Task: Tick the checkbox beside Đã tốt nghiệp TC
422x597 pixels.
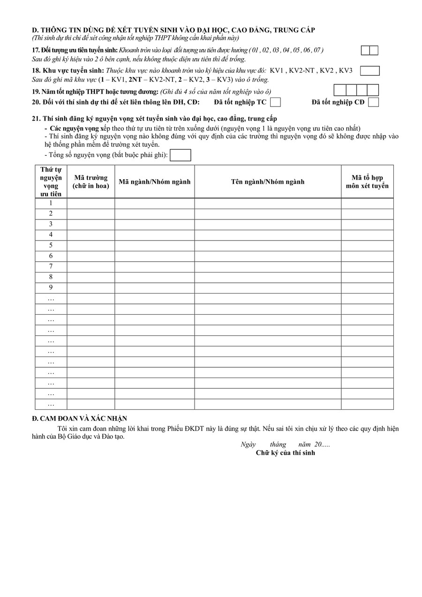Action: coord(276,102)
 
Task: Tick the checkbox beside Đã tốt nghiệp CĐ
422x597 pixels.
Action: coord(373,102)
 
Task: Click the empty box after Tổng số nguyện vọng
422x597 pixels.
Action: coord(180,155)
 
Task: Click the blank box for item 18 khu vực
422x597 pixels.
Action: coord(369,71)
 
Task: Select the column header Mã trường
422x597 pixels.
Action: coord(90,181)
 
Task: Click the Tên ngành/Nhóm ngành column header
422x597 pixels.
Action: coord(267,181)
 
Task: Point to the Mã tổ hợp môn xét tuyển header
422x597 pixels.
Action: coord(367,181)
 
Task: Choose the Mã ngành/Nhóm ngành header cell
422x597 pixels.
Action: coord(154,181)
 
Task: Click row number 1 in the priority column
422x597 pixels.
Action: coord(51,203)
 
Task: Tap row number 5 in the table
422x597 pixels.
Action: coord(51,245)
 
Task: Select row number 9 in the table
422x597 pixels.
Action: coord(51,287)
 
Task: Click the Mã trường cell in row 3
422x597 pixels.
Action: coord(90,224)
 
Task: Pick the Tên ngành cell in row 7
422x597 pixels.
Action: coord(267,266)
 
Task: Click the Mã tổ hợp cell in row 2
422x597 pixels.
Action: coord(367,213)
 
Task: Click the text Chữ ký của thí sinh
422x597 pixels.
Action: coord(285,453)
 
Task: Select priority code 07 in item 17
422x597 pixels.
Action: coord(318,50)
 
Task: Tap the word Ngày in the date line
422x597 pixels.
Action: coord(248,445)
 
